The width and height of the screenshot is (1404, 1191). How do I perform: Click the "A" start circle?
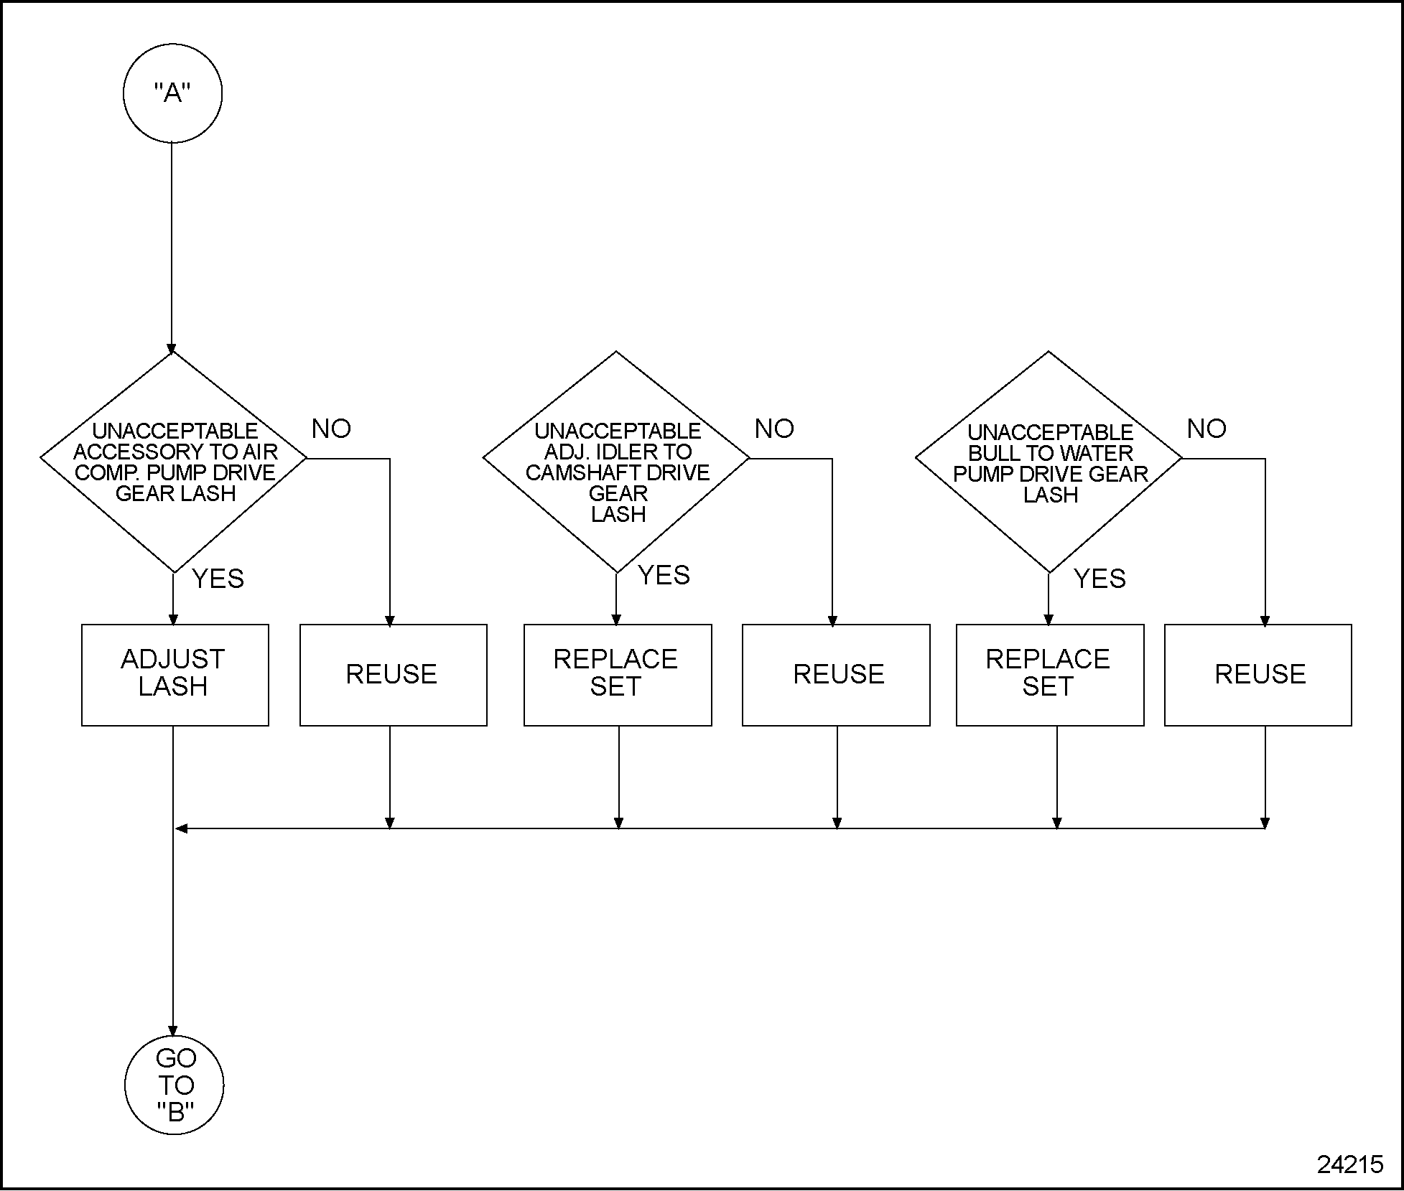pyautogui.click(x=172, y=93)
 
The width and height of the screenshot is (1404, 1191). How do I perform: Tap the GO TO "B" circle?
pyautogui.click(x=175, y=1084)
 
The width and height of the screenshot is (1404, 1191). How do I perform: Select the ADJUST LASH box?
pyautogui.click(x=175, y=674)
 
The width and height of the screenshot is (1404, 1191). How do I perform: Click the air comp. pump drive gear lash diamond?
pyautogui.click(x=174, y=461)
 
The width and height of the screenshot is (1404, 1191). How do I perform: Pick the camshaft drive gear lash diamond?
pyautogui.click(x=616, y=461)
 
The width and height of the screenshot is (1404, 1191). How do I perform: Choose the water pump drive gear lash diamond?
pyautogui.click(x=1049, y=461)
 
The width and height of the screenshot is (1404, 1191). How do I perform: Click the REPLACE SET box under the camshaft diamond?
pyautogui.click(x=618, y=674)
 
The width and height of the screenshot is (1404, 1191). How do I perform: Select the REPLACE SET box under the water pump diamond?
pyautogui.click(x=1049, y=674)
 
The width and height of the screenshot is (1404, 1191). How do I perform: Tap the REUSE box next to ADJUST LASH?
pyautogui.click(x=393, y=674)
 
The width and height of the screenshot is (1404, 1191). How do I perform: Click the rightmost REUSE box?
pyautogui.click(x=1257, y=674)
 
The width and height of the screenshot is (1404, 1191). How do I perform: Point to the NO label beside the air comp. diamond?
pyautogui.click(x=331, y=429)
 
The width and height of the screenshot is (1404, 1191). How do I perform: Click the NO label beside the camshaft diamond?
pyautogui.click(x=774, y=429)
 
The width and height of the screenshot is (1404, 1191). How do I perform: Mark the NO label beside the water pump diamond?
pyautogui.click(x=1207, y=429)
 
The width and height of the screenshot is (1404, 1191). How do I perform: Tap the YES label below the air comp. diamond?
pyautogui.click(x=218, y=579)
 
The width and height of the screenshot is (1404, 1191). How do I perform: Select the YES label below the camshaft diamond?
pyautogui.click(x=664, y=575)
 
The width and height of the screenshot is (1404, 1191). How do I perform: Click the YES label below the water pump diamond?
pyautogui.click(x=1100, y=579)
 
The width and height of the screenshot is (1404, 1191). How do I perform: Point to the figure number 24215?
pyautogui.click(x=1350, y=1164)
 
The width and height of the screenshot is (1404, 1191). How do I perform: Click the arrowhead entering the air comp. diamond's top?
pyautogui.click(x=172, y=349)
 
